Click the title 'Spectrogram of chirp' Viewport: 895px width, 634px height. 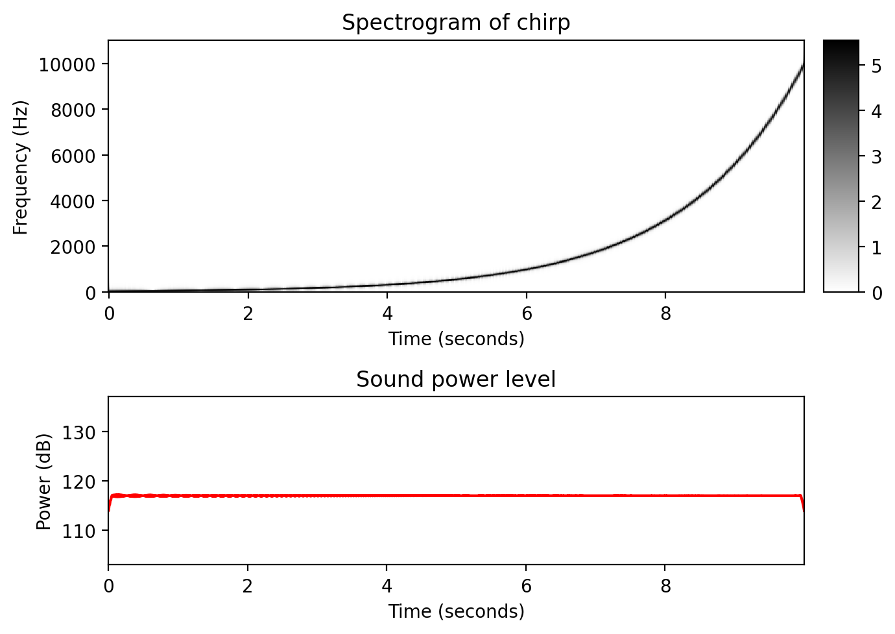pos(456,23)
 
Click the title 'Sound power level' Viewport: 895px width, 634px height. pos(456,379)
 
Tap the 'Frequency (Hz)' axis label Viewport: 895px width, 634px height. pos(21,167)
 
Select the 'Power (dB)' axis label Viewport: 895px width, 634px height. pos(43,481)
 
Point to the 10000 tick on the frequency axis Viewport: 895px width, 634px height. pos(67,64)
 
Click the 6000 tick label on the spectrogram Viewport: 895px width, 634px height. pos(72,156)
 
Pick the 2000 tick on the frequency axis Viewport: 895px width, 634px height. pos(72,247)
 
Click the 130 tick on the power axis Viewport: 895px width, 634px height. pos(76,432)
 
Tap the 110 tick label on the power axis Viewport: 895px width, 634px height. pos(76,531)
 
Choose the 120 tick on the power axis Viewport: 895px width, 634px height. pos(76,482)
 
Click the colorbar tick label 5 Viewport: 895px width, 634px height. pos(876,66)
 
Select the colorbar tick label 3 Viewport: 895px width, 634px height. pos(876,156)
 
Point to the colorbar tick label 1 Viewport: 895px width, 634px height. pos(876,248)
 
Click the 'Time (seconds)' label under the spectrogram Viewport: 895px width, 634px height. pos(456,339)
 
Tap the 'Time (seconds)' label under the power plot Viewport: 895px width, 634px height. pos(456,611)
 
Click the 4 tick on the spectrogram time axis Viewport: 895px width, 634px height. pos(387,314)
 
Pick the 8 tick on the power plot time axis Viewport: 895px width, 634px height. pos(665,587)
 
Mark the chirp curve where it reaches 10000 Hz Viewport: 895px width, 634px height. pos(803,65)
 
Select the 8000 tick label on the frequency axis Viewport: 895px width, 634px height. pos(72,110)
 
